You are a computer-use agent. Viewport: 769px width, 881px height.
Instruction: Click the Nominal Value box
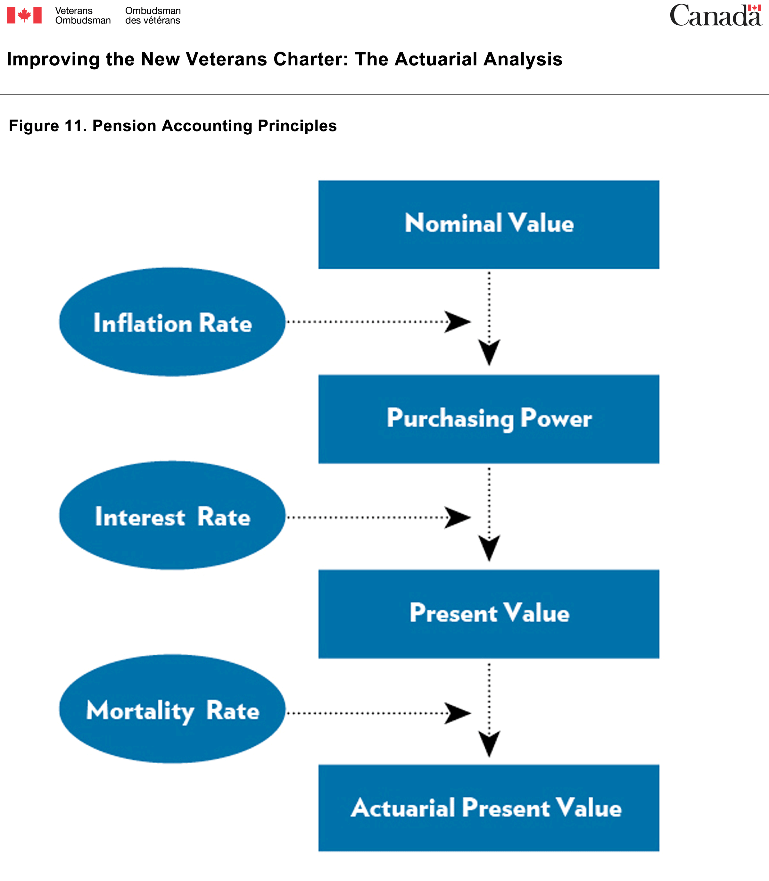[x=489, y=224]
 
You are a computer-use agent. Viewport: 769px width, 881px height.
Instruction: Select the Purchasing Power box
[x=489, y=419]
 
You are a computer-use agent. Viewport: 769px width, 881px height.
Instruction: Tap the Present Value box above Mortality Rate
[x=489, y=614]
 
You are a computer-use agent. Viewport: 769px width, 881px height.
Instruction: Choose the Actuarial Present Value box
[x=489, y=808]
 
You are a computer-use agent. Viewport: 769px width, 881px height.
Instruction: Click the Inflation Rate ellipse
[x=172, y=322]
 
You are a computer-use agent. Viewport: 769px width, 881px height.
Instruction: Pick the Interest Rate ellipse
[x=172, y=515]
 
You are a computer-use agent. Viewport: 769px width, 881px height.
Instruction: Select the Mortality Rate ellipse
[x=172, y=709]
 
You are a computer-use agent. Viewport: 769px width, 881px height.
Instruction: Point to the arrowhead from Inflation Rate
[x=458, y=322]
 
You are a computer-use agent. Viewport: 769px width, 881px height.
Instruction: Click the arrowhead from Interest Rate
[x=458, y=517]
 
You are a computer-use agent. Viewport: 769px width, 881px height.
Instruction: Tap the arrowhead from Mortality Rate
[x=458, y=713]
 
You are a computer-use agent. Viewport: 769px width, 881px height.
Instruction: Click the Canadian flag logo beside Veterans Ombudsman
[x=24, y=15]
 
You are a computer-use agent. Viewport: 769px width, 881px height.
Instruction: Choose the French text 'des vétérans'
[x=153, y=21]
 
